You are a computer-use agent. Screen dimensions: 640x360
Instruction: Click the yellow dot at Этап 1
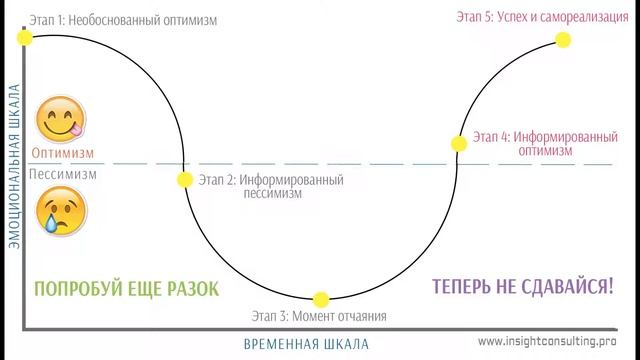click(25, 37)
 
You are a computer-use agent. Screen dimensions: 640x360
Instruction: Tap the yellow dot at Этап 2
click(184, 180)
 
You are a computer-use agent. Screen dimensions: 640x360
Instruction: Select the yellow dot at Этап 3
click(321, 298)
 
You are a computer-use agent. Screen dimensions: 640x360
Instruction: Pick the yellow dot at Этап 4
click(459, 143)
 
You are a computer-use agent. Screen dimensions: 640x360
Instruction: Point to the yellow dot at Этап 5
click(562, 40)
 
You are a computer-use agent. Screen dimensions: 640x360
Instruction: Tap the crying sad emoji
click(57, 210)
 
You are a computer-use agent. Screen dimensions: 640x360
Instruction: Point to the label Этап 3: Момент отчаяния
click(320, 317)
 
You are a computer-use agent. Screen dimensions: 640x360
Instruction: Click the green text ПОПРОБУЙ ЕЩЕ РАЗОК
click(125, 288)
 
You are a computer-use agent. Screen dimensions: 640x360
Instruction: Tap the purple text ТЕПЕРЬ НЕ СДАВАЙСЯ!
click(523, 287)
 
